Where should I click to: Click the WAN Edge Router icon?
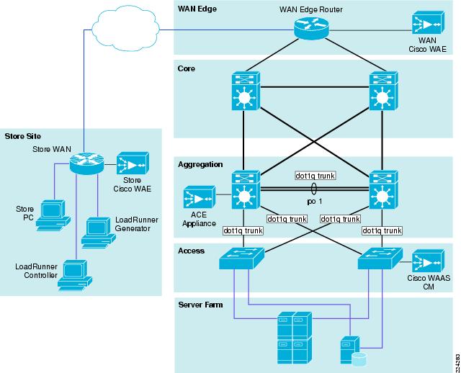click(x=311, y=27)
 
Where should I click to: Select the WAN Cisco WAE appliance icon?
click(x=428, y=23)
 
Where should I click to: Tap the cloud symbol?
click(x=125, y=30)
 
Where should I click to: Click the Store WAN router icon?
click(x=86, y=163)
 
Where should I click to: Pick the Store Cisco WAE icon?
click(x=133, y=163)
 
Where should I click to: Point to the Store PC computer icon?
click(x=53, y=215)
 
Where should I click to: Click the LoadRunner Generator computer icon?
click(x=99, y=233)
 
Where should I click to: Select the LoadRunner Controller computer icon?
click(x=75, y=275)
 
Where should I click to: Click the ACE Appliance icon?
click(x=199, y=197)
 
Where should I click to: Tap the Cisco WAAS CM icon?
click(x=428, y=261)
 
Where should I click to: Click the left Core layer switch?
click(x=245, y=91)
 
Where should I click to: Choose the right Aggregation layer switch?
click(x=383, y=190)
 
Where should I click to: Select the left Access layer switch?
click(x=241, y=259)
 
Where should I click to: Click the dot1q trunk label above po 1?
click(x=315, y=176)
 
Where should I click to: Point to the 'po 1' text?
click(x=315, y=202)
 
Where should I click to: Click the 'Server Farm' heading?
click(x=200, y=305)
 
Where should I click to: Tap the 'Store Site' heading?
click(x=22, y=136)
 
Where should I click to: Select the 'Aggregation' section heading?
click(x=200, y=165)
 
